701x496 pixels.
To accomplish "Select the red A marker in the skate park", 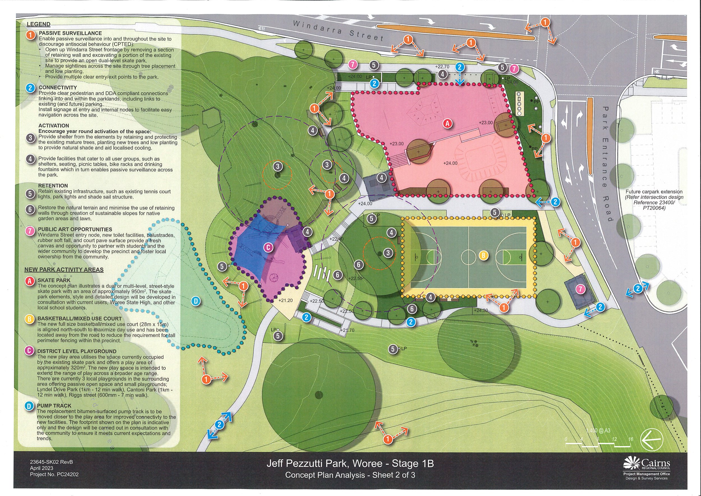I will [x=448, y=123].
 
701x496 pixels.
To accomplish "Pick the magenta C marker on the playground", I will [x=268, y=247].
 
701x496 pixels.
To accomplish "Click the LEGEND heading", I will [x=38, y=24].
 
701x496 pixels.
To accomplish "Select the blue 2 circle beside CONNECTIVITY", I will [x=30, y=88].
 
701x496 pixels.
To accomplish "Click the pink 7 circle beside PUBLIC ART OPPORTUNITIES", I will [x=30, y=231].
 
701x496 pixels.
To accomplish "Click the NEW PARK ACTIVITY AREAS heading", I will [x=64, y=270].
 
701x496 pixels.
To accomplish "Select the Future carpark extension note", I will [x=654, y=200].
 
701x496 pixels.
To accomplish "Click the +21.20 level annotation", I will [x=285, y=300].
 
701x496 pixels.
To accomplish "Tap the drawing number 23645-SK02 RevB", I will [x=52, y=462].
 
